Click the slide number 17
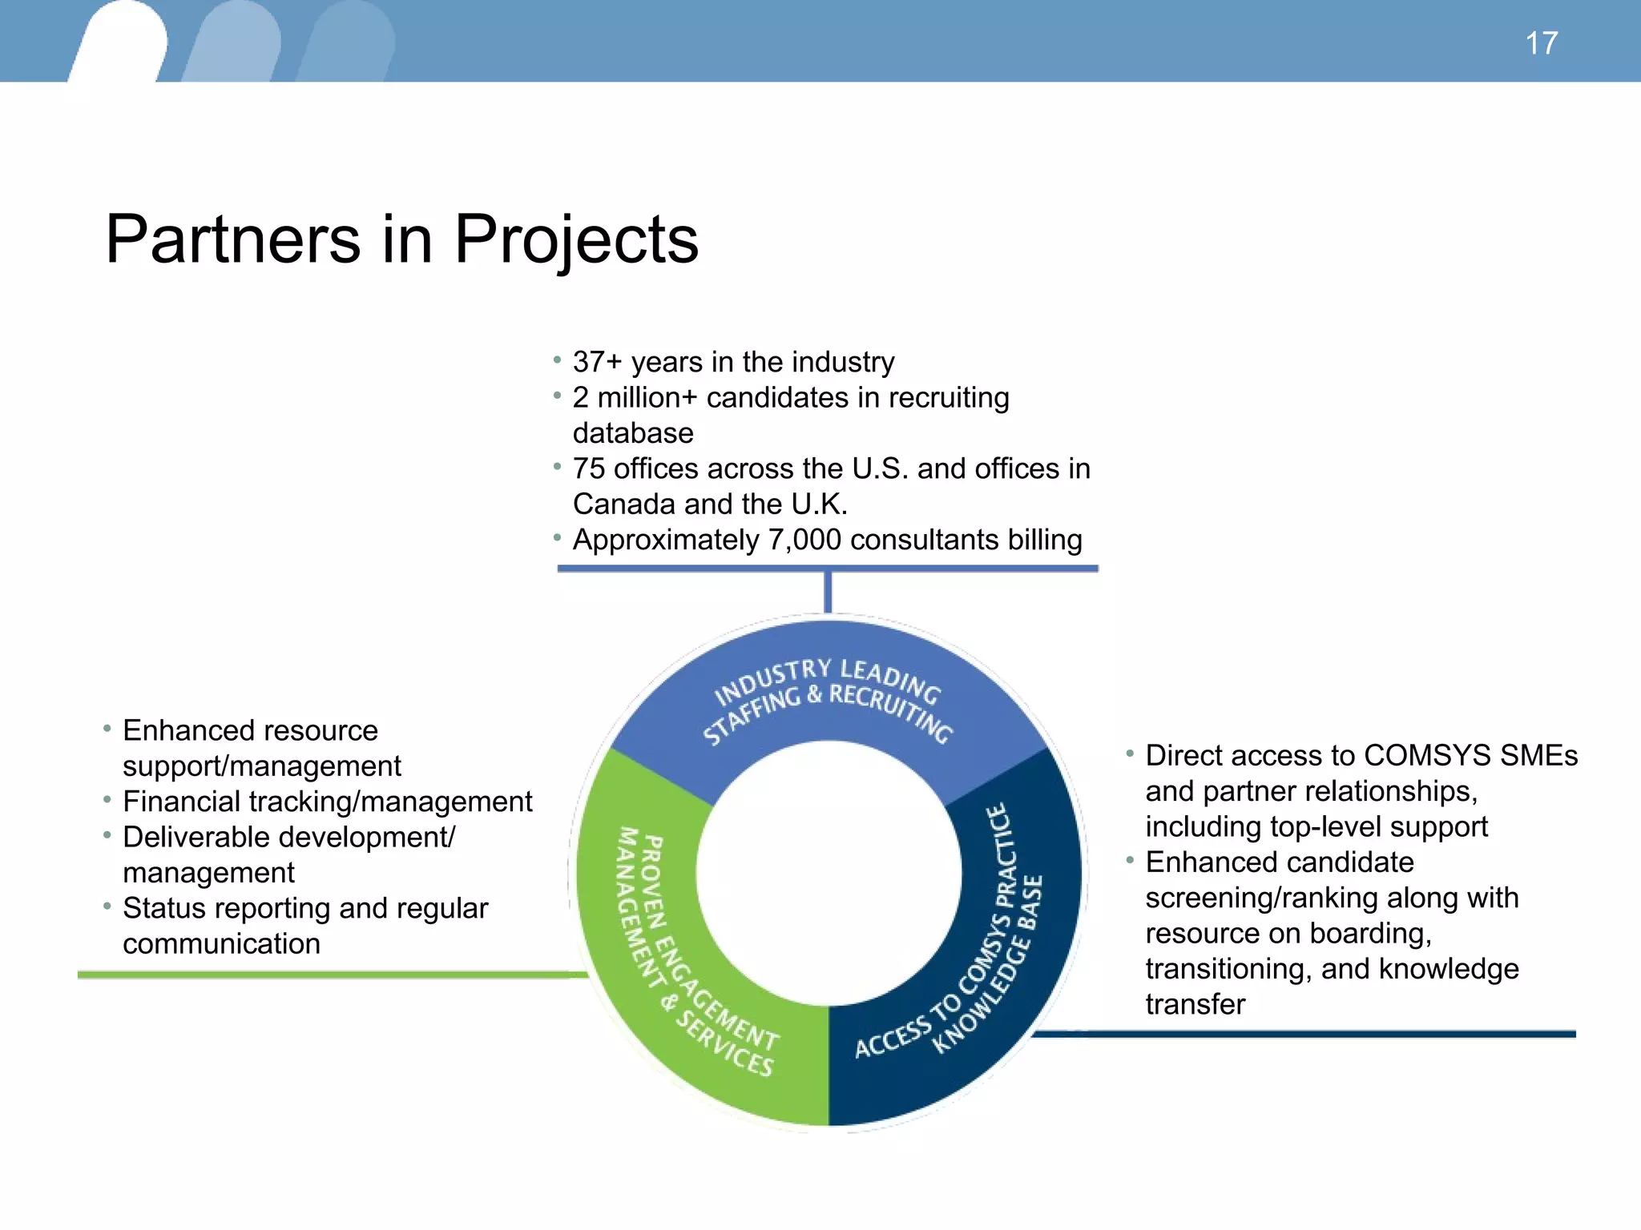click(1541, 43)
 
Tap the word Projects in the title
click(576, 240)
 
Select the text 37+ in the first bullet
click(597, 362)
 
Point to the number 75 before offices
click(588, 468)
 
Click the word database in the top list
click(633, 433)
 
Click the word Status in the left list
click(164, 908)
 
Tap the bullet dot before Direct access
click(1130, 754)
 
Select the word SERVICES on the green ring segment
click(724, 1044)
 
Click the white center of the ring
click(829, 873)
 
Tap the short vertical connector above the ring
click(828, 592)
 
